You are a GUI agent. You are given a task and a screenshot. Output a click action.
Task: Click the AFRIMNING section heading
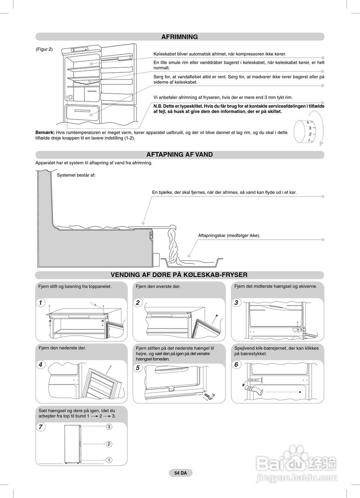point(179,37)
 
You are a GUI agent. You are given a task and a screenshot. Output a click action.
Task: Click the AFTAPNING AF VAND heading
point(179,154)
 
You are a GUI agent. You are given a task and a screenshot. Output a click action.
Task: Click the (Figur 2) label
point(44,49)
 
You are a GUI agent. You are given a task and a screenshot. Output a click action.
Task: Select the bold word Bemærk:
point(45,133)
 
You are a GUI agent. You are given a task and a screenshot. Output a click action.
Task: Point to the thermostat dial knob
point(302,132)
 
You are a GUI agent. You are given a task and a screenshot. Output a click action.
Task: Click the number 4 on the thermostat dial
point(308,123)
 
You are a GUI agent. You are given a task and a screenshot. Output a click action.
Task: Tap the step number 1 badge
point(40,303)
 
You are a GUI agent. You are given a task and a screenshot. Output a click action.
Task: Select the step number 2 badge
point(138,303)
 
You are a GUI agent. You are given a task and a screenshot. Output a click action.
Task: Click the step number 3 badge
point(236,303)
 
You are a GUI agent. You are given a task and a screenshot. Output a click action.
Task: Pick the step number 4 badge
point(40,365)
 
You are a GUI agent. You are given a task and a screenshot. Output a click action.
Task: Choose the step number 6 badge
point(236,365)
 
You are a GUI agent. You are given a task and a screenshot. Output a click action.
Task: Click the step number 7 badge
point(40,427)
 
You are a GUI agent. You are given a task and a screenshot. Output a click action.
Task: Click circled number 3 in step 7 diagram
point(109,427)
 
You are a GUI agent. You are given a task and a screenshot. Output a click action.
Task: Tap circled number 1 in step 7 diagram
point(109,460)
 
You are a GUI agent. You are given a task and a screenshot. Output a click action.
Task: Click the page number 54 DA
point(181,473)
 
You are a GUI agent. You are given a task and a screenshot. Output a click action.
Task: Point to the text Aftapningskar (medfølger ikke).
point(229,235)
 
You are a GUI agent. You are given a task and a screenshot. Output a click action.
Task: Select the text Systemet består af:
point(76,175)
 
